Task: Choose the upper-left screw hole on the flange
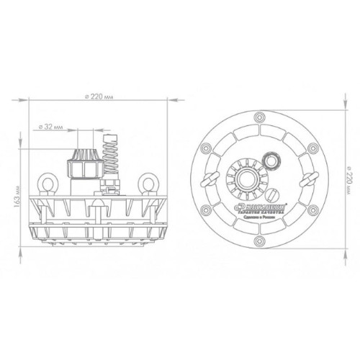coord(206,146)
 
